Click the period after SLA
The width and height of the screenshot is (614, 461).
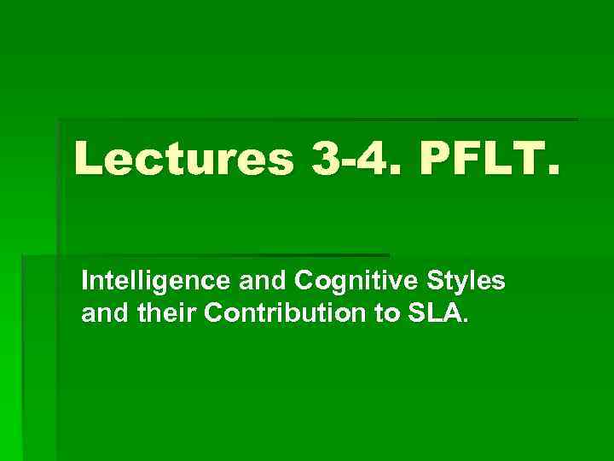click(465, 322)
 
